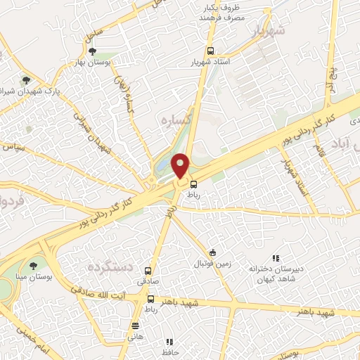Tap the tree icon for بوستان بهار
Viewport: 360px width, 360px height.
[92, 51]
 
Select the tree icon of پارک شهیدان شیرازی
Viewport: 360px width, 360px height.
[27, 80]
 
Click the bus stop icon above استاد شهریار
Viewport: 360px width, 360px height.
[210, 51]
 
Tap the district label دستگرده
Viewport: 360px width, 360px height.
[110, 266]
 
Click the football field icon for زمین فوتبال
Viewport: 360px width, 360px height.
[212, 252]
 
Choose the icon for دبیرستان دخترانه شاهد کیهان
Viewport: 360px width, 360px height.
[276, 258]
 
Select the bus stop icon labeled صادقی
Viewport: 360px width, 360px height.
[148, 271]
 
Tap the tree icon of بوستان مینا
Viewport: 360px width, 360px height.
[33, 265]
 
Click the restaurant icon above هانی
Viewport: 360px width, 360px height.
[136, 325]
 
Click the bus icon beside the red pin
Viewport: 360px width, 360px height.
[193, 184]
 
